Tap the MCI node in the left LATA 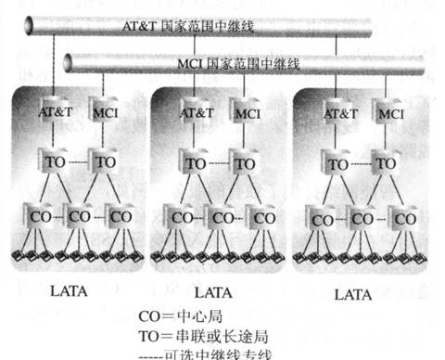[x=102, y=112]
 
